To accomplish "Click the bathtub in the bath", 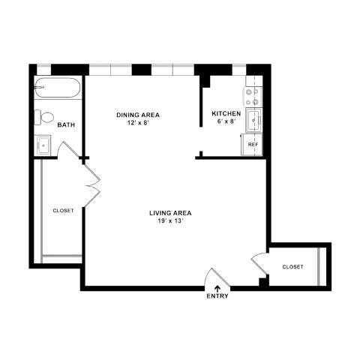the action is (58, 88).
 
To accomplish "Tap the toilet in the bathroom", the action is (44, 117).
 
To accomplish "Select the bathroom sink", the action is (43, 145).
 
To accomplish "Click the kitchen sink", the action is (253, 120).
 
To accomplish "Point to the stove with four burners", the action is (253, 97).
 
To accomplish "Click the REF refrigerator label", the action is (253, 145).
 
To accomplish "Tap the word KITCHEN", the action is (226, 113).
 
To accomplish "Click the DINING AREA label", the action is (138, 115).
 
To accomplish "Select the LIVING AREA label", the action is (170, 213).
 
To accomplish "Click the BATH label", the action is (66, 124).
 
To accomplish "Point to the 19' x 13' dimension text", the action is (170, 221).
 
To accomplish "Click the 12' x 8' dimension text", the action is (138, 123).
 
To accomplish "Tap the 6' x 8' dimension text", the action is (226, 121).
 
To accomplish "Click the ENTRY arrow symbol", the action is (217, 289).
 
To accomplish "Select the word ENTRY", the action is (217, 296).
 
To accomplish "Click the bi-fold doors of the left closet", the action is (91, 185).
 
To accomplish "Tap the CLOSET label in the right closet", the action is (292, 267).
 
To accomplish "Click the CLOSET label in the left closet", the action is (64, 211).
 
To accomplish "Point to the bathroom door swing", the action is (70, 149).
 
